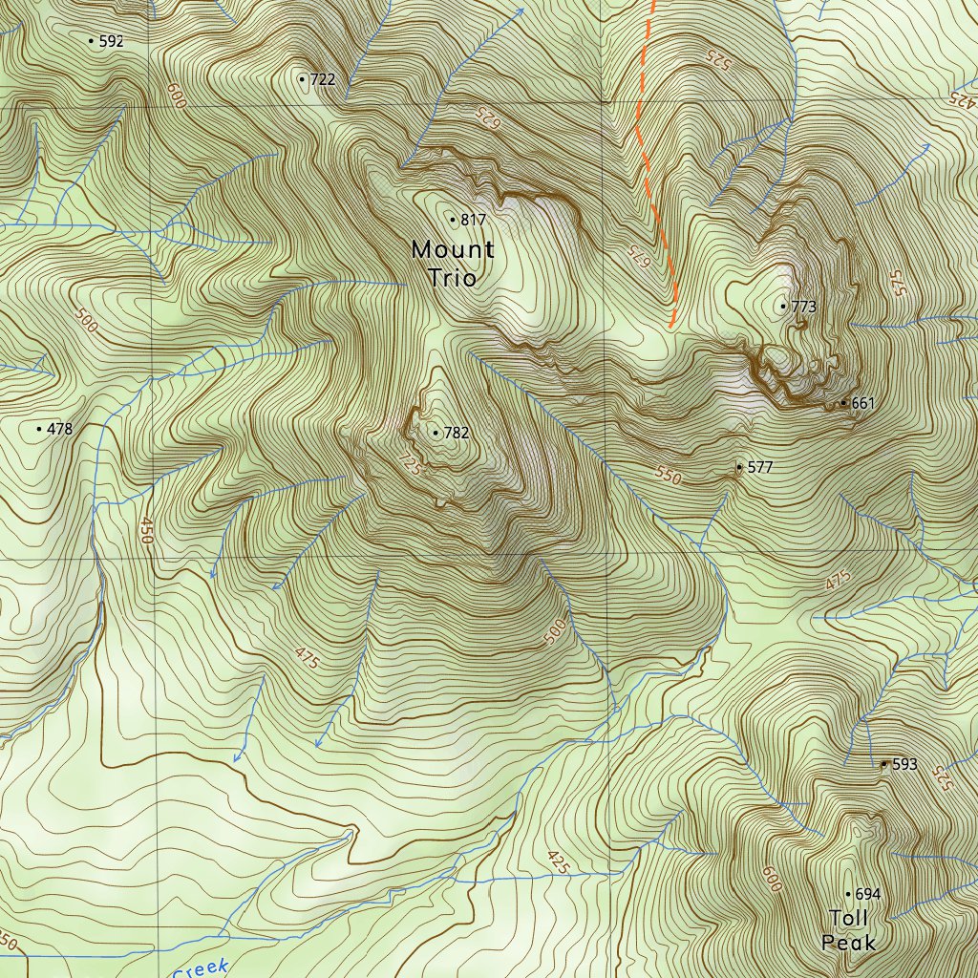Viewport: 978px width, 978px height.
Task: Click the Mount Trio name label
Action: coord(453,264)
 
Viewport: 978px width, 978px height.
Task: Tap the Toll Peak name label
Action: coord(848,930)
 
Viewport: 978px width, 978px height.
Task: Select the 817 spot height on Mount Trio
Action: coord(453,221)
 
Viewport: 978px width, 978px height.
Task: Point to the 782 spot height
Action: coord(436,434)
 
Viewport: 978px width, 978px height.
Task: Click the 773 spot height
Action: coord(784,307)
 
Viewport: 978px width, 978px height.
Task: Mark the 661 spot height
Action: coord(842,403)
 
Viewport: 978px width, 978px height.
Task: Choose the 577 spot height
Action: coord(739,468)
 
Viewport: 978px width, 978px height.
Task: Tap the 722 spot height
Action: coord(303,79)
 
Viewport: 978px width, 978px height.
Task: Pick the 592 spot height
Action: coord(92,41)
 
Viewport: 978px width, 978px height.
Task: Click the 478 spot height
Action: coord(39,430)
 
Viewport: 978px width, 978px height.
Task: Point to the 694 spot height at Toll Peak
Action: coord(847,895)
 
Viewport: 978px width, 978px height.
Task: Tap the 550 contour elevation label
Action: coord(669,475)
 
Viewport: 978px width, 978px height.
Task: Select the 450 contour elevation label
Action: coord(145,530)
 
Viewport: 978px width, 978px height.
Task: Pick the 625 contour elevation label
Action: coord(488,117)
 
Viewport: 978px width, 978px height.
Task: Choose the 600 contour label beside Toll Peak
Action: coord(772,879)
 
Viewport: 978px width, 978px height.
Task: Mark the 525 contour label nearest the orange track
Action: coord(717,58)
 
